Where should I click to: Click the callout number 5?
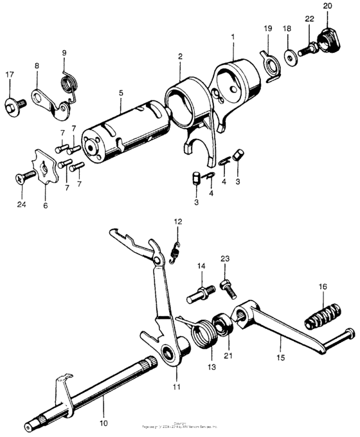tap(121, 93)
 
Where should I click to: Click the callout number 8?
tap(37, 66)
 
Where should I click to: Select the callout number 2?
tap(180, 57)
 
